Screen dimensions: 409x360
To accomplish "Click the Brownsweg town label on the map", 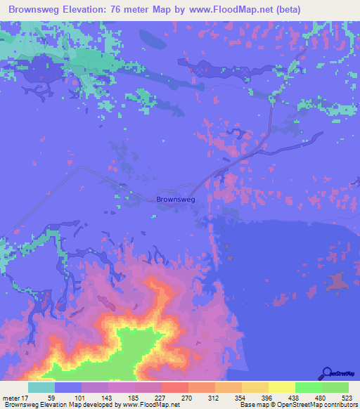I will click(175, 200).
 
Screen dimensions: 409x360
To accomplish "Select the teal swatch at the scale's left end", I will click(41, 387).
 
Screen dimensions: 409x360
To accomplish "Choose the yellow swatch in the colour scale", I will click(281, 387).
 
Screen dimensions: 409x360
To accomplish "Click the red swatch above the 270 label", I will click(174, 387).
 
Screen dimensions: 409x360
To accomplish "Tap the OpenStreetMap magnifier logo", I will click(326, 373).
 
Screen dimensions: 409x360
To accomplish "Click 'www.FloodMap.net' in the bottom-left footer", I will click(147, 405).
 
